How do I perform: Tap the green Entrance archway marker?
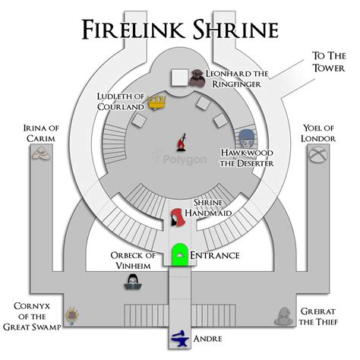pos(180,254)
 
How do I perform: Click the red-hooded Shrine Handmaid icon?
pos(176,217)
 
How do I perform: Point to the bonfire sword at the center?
pos(182,141)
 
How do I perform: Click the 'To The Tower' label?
pos(328,62)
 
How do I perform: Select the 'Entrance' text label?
pos(214,255)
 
